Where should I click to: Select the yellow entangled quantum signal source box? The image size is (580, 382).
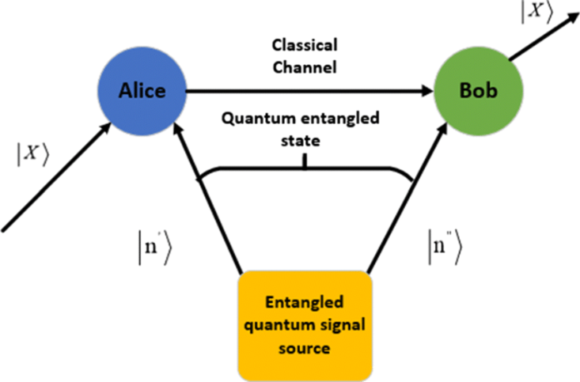304,320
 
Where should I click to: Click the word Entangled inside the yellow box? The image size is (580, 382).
304,300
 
